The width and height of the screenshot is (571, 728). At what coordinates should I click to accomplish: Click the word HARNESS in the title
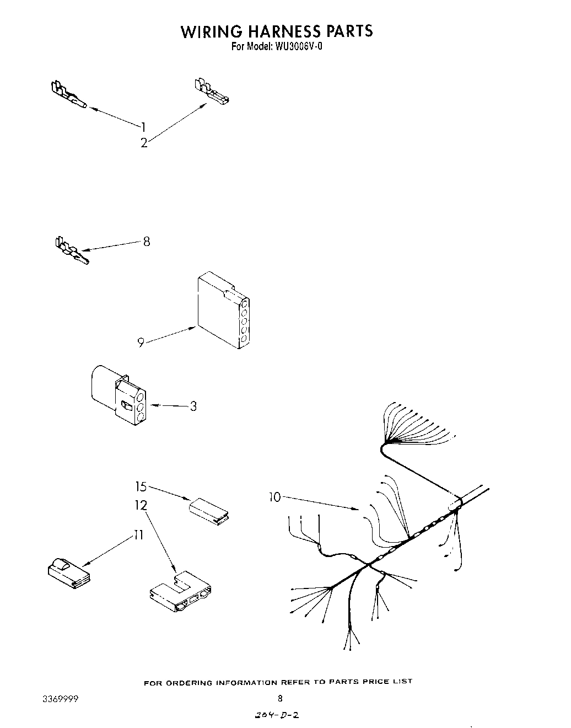coord(275,31)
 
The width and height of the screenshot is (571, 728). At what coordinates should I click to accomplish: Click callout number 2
coord(144,143)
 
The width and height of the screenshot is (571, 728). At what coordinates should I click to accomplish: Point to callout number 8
coord(146,241)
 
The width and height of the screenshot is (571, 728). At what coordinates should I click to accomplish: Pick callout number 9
coord(141,343)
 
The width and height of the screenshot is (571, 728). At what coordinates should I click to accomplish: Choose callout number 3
coord(193,406)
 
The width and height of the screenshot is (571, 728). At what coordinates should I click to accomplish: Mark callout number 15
coord(141,486)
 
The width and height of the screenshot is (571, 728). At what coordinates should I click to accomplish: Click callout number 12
coord(141,505)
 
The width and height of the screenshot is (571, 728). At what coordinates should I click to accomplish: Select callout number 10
coord(274,497)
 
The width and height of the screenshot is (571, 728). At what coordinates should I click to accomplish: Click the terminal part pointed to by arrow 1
coord(68,94)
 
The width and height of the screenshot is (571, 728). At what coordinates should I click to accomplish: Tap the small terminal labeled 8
coord(70,251)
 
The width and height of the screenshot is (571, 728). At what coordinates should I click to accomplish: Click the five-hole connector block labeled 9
coord(223,311)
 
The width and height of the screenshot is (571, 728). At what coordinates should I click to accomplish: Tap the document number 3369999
coord(60,699)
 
